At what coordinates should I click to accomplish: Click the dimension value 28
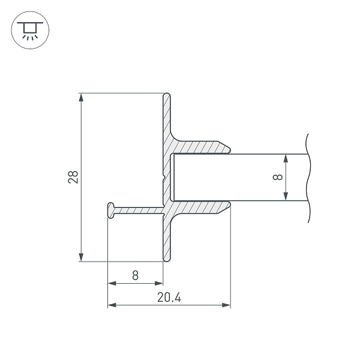coord(73,177)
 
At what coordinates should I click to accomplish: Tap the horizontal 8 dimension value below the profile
coord(135,275)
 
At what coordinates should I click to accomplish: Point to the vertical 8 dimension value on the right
coord(277,178)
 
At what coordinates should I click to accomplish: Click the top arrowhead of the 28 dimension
coord(80,97)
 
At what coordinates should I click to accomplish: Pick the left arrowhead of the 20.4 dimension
coord(111,305)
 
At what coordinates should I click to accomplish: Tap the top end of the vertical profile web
coord(167,95)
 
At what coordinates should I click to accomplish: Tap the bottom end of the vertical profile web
coord(167,259)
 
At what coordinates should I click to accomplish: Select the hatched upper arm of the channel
coord(201,147)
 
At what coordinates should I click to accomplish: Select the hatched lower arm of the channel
coord(201,208)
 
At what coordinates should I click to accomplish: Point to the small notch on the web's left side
coord(163,178)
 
